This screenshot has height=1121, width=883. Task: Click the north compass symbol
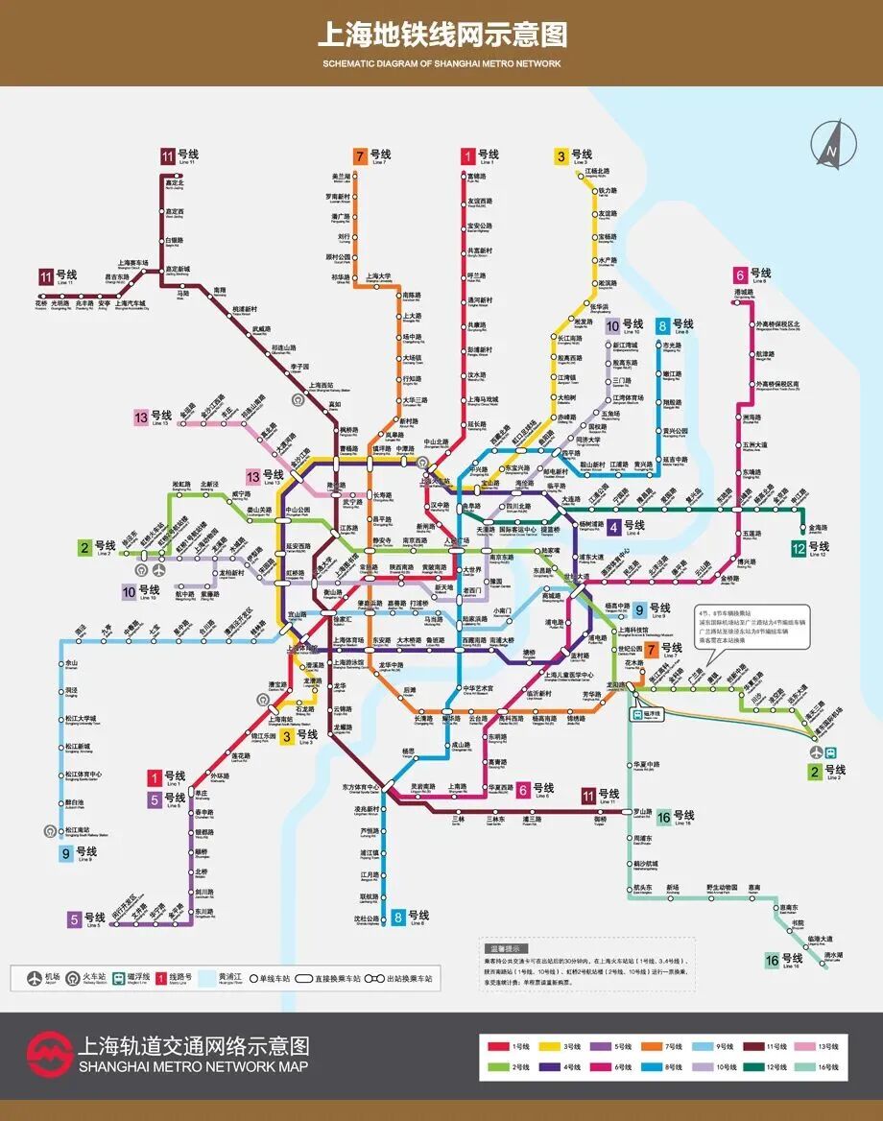828,145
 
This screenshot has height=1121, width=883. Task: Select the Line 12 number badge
799,548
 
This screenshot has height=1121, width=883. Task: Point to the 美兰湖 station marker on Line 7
359,178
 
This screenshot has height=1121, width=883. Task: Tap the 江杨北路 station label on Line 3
598,174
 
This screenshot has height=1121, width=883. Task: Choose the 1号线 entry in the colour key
510,1044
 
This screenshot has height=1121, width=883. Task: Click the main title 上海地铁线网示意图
441,35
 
